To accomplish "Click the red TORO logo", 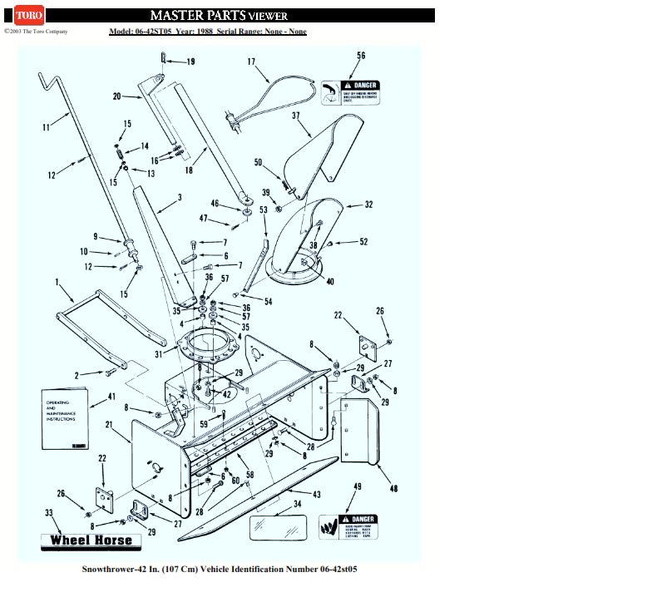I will (x=29, y=15).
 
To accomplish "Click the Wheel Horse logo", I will (x=91, y=540).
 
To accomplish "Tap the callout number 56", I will (x=361, y=56).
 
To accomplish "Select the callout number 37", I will (x=296, y=116).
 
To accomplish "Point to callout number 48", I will (x=393, y=488).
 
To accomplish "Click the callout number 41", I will (x=112, y=397).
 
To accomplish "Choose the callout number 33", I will (x=49, y=513).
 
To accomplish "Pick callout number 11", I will (x=46, y=127).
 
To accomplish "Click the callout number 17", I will (x=251, y=62).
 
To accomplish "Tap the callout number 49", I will (x=358, y=486).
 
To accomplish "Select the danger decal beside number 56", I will (x=350, y=92).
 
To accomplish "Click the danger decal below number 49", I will (x=348, y=527).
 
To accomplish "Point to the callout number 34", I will (x=298, y=504).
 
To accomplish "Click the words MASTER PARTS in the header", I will (x=198, y=15).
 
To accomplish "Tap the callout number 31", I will (x=159, y=355).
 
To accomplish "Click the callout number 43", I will (x=317, y=495).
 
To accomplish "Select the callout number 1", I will (x=57, y=283).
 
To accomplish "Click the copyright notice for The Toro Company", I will (x=36, y=32).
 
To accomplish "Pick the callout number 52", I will (x=363, y=242).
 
